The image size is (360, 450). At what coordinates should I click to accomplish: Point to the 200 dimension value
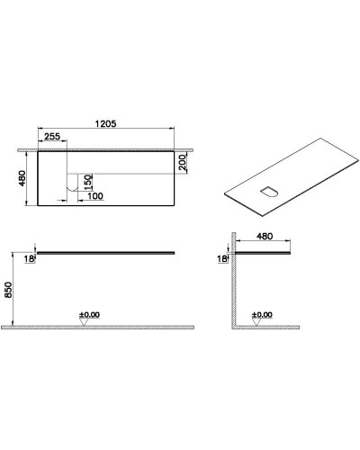click(182, 163)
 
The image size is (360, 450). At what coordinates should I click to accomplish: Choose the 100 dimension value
click(95, 196)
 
